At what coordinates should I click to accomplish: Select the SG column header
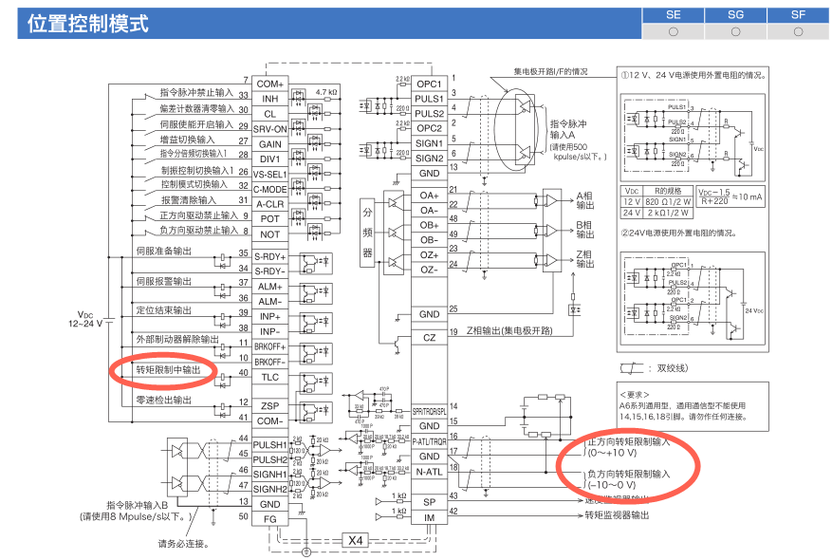735,15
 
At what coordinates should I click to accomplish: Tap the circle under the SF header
799,31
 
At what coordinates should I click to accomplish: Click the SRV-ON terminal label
270,128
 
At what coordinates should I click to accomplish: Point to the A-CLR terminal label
270,203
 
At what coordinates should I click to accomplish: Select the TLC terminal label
270,377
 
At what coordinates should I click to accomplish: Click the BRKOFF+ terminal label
270,345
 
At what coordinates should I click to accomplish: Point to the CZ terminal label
429,338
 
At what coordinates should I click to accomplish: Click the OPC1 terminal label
429,83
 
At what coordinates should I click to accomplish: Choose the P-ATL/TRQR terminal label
429,440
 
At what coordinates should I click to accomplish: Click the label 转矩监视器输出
618,515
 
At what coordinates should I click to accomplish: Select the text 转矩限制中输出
169,371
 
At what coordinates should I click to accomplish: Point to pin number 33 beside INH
244,96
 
